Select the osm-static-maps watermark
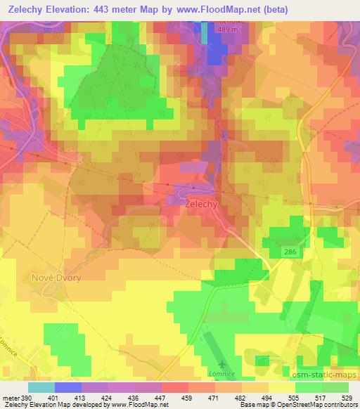(324, 373)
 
